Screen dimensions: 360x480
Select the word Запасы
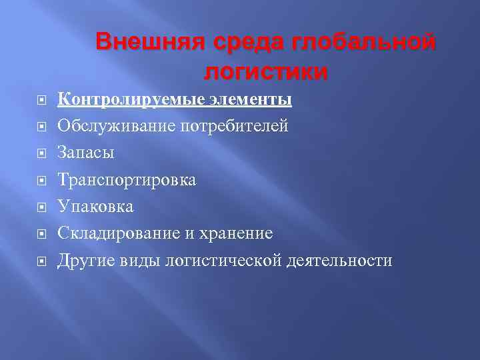86,153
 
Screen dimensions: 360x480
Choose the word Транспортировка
127,180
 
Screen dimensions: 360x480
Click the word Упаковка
95,207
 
